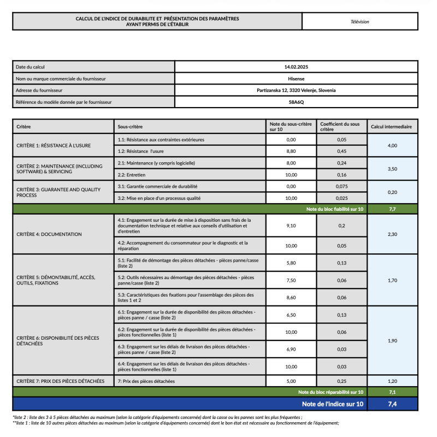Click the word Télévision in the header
pyautogui.click(x=360, y=22)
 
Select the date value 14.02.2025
pyautogui.click(x=296, y=67)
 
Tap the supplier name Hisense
pyautogui.click(x=296, y=79)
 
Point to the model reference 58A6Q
pyautogui.click(x=296, y=102)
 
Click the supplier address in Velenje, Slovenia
pyautogui.click(x=296, y=90)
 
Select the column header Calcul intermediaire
pyautogui.click(x=391, y=127)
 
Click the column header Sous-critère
pyautogui.click(x=129, y=127)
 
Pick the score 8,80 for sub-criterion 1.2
pyautogui.click(x=291, y=151)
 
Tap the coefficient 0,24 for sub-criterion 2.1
pyautogui.click(x=341, y=163)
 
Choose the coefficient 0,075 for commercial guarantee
pyautogui.click(x=341, y=186)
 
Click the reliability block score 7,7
pyautogui.click(x=392, y=209)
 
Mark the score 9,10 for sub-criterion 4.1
pyautogui.click(x=291, y=225)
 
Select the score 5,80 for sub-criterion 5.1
pyautogui.click(x=291, y=263)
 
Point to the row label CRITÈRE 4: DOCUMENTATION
pyautogui.click(x=49, y=234)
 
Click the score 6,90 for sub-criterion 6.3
pyautogui.click(x=291, y=349)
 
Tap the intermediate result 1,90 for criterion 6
pyautogui.click(x=392, y=340)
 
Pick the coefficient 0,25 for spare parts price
pyautogui.click(x=341, y=381)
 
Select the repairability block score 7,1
pyautogui.click(x=392, y=392)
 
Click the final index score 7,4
pyautogui.click(x=392, y=404)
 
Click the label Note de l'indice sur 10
pyautogui.click(x=332, y=404)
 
